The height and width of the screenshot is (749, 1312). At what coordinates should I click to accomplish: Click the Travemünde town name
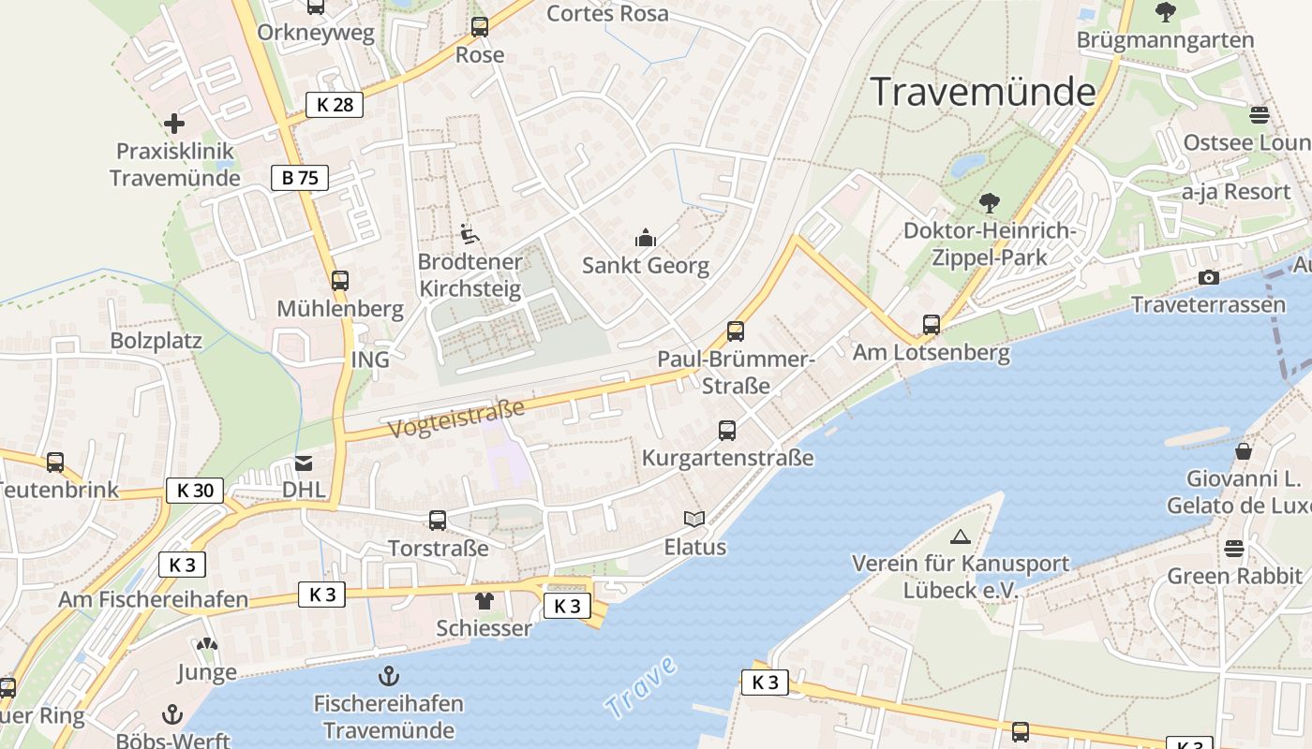[983, 92]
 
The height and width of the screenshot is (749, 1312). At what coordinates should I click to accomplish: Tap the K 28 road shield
[335, 105]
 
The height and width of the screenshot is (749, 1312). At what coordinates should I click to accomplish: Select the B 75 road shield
[300, 178]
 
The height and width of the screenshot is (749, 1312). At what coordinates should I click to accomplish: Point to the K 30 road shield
[195, 490]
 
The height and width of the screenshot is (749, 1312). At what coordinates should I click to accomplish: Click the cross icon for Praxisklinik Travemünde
[173, 124]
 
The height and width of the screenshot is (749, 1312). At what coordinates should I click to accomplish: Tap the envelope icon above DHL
[304, 463]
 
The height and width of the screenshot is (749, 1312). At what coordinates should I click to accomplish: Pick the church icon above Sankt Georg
[646, 239]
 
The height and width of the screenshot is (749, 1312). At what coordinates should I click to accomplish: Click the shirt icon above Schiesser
[484, 601]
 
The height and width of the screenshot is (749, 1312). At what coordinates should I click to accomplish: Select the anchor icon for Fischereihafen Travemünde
[388, 676]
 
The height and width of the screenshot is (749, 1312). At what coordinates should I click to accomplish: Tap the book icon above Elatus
[693, 519]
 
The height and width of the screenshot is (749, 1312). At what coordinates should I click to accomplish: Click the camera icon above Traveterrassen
[1209, 278]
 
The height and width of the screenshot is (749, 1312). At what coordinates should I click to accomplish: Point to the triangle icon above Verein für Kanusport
[960, 537]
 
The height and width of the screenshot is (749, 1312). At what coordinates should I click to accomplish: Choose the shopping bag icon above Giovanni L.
[1244, 451]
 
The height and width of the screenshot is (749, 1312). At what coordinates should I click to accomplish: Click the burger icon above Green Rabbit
[1234, 549]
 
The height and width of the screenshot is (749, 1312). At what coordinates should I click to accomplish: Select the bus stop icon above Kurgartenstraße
[727, 431]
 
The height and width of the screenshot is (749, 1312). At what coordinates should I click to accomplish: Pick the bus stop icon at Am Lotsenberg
[931, 325]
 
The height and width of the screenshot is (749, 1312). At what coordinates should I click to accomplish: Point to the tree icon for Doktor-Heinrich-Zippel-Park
[989, 203]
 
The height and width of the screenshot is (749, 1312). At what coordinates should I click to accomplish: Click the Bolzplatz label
[157, 340]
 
